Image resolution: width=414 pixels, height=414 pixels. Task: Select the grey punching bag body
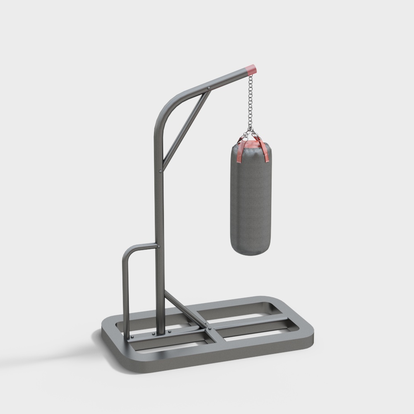pos(250,199)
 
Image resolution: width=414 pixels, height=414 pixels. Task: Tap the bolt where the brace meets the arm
pos(209,88)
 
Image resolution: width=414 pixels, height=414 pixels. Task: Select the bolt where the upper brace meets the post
pos(161,170)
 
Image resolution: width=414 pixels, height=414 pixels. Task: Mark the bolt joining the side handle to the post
pos(159,246)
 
